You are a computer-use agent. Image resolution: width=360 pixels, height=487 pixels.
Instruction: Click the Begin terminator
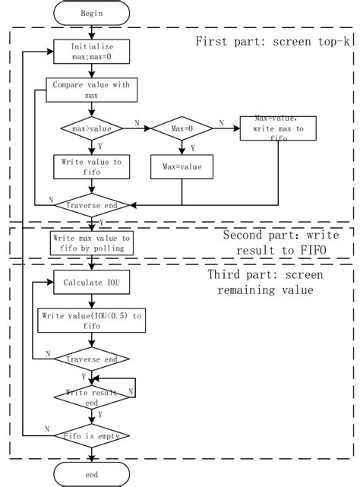pyautogui.click(x=91, y=13)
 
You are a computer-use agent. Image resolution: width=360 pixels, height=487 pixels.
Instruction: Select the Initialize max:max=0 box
pyautogui.click(x=91, y=51)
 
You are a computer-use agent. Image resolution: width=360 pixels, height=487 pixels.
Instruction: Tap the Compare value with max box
pyautogui.click(x=91, y=90)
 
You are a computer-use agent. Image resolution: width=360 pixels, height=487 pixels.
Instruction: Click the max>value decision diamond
pyautogui.click(x=91, y=128)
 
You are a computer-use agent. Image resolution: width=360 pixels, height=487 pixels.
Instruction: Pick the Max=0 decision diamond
pyautogui.click(x=183, y=128)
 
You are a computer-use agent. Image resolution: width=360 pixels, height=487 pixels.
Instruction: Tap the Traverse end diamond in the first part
pyautogui.click(x=91, y=205)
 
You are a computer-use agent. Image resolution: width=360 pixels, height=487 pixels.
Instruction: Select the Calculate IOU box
pyautogui.click(x=91, y=283)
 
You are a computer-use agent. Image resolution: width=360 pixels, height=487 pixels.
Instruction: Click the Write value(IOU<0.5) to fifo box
pyautogui.click(x=91, y=320)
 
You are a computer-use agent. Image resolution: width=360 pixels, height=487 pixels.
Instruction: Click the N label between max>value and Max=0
pyautogui.click(x=136, y=123)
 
